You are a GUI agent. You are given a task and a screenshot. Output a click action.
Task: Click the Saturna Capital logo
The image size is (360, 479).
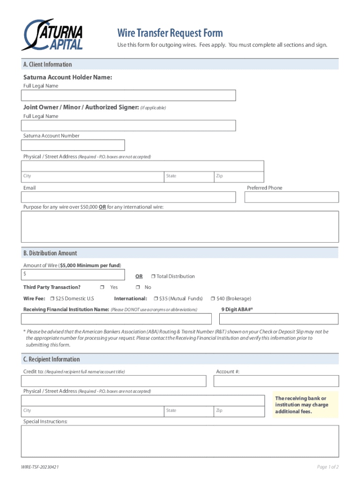[52, 35]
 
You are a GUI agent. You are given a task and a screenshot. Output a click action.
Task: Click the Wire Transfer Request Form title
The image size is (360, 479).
[170, 33]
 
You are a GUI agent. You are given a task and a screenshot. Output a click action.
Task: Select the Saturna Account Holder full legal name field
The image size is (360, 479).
[128, 95]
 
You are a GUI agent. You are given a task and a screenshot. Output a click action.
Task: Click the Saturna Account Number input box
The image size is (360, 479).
[73, 145]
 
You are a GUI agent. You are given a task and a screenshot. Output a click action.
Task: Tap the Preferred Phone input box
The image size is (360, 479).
[291, 197]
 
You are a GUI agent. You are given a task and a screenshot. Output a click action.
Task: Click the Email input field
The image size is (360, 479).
[128, 197]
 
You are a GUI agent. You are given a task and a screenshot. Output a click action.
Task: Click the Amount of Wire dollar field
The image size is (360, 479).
[73, 275]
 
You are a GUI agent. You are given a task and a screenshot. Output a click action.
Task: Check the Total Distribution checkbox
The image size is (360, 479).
[153, 276]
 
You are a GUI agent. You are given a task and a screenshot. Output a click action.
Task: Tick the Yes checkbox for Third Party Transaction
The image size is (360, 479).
[102, 287]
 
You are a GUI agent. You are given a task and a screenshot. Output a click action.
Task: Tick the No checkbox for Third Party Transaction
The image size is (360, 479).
[138, 287]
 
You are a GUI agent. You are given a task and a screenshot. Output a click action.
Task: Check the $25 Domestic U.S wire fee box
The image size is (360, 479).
[52, 298]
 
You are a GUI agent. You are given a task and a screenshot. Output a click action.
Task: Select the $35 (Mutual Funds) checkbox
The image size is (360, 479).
[156, 298]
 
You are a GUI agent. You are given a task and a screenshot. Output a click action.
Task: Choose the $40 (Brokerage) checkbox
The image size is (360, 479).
[213, 298]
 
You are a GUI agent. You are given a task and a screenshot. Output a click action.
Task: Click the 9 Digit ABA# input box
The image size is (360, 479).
[279, 319]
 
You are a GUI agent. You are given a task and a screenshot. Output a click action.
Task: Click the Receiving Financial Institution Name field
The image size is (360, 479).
[116, 319]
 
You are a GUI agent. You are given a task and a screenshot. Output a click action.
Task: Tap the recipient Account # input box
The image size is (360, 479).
[276, 381]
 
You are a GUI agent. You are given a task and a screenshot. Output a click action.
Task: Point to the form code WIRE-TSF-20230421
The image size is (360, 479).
[40, 467]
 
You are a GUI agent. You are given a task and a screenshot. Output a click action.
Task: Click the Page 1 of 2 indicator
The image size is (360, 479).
[327, 467]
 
